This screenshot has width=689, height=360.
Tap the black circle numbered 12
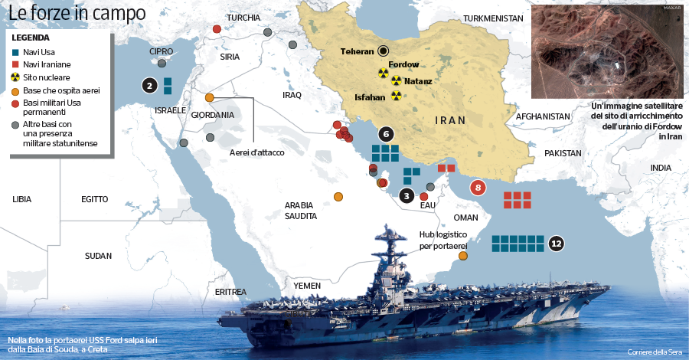coord(557,244)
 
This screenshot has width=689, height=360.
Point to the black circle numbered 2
coord(149,86)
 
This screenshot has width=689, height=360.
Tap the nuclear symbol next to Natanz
coord(396,80)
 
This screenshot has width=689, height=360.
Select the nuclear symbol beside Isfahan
coord(395,97)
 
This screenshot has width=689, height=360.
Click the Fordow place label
coord(403,66)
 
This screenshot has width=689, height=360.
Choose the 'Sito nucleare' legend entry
coord(47,77)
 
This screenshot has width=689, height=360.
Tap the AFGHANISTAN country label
coord(544,116)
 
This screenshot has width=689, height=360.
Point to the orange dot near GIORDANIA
coord(209,97)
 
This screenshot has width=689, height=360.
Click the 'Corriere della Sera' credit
coord(653,352)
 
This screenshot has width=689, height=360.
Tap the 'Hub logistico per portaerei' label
coord(443,240)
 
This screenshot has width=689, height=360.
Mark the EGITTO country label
coord(95,199)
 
